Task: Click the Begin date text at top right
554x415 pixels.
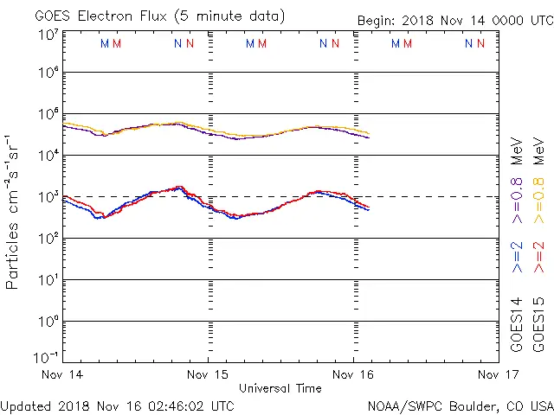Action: (455, 21)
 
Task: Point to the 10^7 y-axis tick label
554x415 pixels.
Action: (47, 35)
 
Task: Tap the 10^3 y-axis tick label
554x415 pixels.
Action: (47, 197)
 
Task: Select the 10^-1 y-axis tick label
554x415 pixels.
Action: (47, 356)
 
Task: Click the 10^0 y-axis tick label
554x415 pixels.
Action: (47, 322)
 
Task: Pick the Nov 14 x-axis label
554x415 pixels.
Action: (62, 375)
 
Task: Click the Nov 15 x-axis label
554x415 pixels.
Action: (208, 375)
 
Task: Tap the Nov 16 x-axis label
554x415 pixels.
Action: (353, 375)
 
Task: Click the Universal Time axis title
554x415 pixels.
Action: (280, 388)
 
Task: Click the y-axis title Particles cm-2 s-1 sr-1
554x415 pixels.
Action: (14, 211)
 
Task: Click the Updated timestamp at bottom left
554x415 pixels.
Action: (117, 405)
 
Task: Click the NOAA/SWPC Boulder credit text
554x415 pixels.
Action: (460, 405)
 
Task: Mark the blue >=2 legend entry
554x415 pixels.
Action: (517, 258)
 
